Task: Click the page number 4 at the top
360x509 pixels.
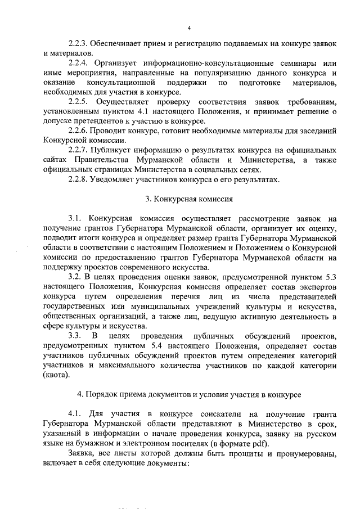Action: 189,28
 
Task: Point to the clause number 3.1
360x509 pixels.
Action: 75,219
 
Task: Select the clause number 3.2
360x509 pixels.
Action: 75,277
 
